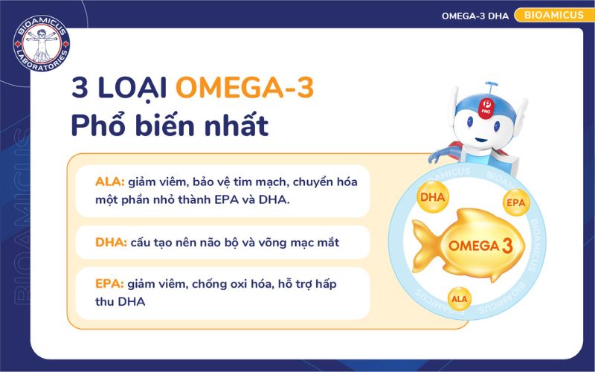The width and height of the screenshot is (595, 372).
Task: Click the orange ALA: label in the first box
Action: (109, 182)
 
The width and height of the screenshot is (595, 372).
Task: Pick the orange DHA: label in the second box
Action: (110, 243)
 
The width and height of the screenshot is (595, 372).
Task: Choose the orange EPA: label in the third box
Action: (109, 284)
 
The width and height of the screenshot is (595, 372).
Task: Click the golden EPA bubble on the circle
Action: (515, 202)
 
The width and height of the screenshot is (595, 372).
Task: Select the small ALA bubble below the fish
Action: (459, 299)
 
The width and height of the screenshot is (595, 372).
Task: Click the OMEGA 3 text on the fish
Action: (480, 246)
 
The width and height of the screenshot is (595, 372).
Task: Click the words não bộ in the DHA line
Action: (237, 243)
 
